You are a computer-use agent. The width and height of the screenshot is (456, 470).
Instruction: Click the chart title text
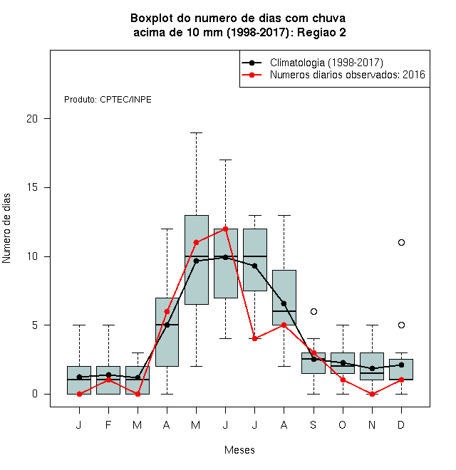(238, 25)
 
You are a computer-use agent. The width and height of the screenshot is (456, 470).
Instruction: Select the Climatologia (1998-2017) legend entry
(312, 63)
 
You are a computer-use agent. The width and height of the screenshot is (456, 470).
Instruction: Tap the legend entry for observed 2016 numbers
(333, 75)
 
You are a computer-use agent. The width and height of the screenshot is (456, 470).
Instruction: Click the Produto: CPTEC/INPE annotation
(108, 100)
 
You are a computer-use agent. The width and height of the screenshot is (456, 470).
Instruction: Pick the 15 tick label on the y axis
(32, 187)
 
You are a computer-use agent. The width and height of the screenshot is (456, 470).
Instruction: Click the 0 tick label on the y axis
(35, 394)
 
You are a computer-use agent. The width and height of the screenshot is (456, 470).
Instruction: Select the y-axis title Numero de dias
(6, 229)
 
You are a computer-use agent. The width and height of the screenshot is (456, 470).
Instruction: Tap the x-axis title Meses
(239, 450)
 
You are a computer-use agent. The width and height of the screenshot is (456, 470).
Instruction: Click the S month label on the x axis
(313, 424)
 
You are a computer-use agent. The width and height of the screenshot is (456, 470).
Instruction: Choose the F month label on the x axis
(108, 424)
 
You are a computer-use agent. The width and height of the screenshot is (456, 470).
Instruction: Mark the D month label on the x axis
(401, 424)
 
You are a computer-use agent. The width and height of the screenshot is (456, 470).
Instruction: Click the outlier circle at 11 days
(401, 243)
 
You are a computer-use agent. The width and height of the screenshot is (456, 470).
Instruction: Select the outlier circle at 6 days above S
(313, 311)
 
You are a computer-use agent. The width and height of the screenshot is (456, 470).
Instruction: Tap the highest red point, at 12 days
(226, 229)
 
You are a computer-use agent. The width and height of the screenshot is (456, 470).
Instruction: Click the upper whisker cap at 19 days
(196, 132)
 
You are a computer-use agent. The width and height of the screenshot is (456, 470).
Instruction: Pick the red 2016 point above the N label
(372, 395)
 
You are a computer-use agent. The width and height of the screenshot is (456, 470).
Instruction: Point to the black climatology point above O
(343, 363)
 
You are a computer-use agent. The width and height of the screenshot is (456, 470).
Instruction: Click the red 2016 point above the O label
(343, 380)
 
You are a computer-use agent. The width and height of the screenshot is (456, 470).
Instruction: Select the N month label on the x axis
(372, 424)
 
